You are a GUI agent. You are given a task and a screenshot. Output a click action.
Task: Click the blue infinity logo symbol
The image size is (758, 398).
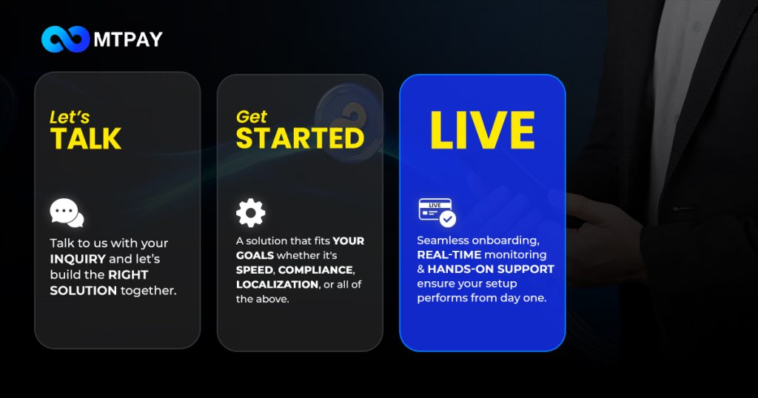tap(65, 39)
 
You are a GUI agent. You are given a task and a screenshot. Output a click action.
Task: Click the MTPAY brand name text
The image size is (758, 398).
tap(128, 40)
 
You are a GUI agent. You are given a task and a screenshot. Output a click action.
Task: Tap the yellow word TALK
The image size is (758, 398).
tap(86, 138)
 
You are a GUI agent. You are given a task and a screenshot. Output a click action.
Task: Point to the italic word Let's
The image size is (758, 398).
tap(70, 118)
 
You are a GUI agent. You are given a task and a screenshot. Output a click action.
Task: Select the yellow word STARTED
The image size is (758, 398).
tap(301, 138)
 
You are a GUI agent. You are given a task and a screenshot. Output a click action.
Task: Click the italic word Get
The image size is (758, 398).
tap(252, 117)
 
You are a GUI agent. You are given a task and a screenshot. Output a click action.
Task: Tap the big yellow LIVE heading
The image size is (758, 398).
tap(483, 130)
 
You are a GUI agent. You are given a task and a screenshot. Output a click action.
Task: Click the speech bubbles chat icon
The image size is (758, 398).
tap(67, 212)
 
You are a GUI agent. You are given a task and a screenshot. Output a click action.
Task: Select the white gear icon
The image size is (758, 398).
tap(250, 213)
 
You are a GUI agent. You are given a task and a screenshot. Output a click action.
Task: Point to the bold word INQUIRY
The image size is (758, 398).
tap(78, 259)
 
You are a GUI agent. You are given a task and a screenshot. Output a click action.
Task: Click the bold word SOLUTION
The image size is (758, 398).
tap(83, 291)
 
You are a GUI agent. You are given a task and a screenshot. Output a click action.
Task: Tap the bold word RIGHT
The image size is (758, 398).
tap(128, 275)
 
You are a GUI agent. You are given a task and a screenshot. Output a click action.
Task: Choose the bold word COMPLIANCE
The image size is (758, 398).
tap(316, 270)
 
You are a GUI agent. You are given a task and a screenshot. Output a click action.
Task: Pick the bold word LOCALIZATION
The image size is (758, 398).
tap(278, 285)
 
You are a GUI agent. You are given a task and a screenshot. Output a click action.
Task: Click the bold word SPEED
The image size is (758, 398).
tap(255, 270)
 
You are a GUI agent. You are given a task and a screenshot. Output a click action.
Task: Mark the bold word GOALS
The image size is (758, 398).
tap(255, 255)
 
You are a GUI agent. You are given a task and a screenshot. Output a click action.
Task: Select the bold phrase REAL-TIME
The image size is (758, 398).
tap(449, 254)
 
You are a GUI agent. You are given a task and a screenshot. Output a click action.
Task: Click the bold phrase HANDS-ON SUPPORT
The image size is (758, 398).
tap(491, 269)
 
